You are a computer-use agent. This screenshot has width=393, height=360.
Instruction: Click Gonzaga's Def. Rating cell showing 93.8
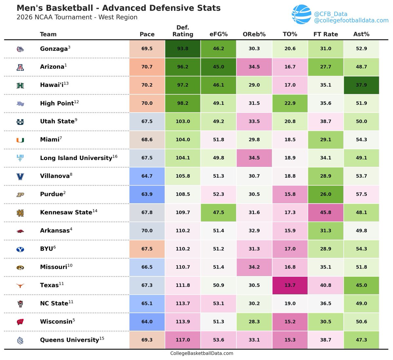point(183,49)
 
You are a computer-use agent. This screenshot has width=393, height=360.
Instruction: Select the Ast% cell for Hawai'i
point(361,85)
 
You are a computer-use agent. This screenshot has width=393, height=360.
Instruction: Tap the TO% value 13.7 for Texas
point(290,285)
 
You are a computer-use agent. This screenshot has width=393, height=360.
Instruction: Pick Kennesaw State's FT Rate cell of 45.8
point(326,212)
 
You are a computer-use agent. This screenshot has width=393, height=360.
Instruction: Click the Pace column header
point(147,34)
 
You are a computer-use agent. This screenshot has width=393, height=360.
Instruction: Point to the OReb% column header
point(254,34)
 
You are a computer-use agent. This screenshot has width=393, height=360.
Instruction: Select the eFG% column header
point(218,34)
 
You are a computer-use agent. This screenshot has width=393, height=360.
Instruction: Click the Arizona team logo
point(20,67)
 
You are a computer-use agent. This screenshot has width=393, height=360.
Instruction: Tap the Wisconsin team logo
point(20,322)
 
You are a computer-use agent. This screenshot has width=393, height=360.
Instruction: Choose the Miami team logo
point(20,140)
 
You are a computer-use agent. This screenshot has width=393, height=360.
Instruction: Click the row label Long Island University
point(76,158)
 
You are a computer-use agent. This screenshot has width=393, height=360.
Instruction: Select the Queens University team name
point(69,340)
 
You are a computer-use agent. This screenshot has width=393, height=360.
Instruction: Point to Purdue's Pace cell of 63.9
point(147,194)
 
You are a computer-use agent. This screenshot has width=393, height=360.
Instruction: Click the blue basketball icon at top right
point(301,14)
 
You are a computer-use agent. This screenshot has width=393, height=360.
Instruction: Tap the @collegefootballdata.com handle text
point(351,21)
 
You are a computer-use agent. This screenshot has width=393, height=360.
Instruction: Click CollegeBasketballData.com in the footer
point(202,353)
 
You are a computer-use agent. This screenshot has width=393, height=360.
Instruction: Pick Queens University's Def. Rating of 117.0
point(183,340)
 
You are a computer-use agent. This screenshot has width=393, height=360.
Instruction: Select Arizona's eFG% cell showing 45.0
point(218,67)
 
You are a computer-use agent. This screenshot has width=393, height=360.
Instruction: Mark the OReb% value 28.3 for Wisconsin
point(254,322)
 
